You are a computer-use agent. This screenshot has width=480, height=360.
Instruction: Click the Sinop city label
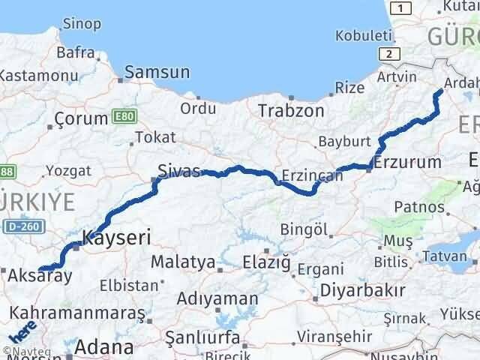point(82,25)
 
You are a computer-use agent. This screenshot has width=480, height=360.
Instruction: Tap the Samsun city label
point(157,72)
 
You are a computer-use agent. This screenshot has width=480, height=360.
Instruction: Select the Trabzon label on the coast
point(291,110)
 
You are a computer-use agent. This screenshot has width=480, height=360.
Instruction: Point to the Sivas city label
point(179,170)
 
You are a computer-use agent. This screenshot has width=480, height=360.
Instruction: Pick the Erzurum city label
point(407,162)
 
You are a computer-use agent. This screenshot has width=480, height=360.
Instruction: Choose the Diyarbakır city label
point(362,289)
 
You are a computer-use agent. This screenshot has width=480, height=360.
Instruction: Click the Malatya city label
point(183,262)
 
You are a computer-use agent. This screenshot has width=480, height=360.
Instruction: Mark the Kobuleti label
point(364,35)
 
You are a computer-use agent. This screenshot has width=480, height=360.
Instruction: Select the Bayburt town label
point(344,141)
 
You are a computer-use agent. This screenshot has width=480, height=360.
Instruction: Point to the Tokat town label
point(155,137)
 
